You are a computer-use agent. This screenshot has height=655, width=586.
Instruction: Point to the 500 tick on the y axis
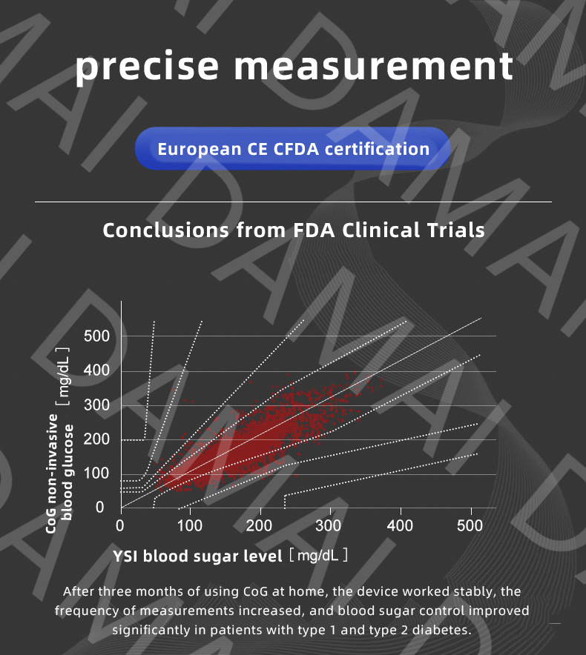click(x=97, y=337)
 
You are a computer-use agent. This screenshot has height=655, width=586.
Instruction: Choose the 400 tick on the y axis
click(x=97, y=371)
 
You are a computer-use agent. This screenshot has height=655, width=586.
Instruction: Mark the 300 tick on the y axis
click(x=97, y=405)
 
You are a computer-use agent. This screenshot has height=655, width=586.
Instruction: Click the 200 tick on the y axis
click(x=97, y=440)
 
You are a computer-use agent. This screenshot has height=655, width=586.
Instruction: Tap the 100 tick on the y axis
click(x=97, y=474)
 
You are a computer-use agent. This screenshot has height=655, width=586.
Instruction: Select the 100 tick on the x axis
click(x=190, y=527)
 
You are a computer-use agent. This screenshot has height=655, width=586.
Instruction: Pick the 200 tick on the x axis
click(x=260, y=527)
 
